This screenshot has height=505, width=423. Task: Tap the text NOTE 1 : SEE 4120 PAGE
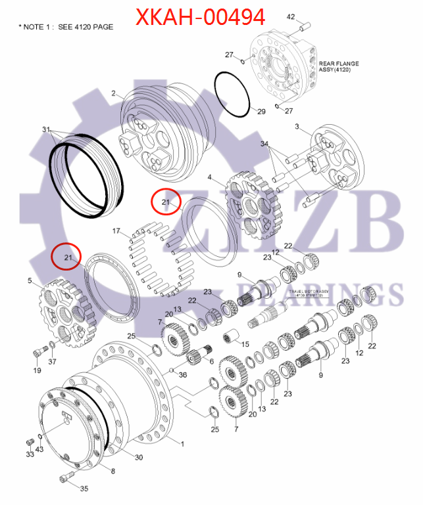coord(66,27)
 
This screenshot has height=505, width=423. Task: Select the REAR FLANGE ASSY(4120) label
coord(338,66)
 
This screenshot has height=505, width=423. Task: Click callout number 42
coord(291,16)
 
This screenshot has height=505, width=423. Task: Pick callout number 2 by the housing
coord(114,94)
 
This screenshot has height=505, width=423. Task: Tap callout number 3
coord(297,125)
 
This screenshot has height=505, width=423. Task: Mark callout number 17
coord(116,231)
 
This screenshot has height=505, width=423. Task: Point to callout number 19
coord(38,370)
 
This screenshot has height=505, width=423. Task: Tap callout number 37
coord(53,361)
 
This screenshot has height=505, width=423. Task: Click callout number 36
coord(182,375)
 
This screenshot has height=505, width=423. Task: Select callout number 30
coord(139,457)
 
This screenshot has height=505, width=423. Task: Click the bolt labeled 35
coord(66,479)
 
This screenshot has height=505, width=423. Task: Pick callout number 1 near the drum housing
coord(182,444)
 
